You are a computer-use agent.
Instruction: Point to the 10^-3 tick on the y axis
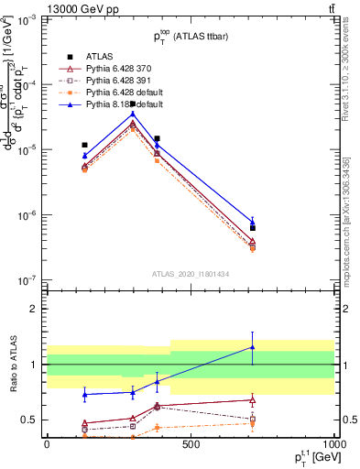(x=27, y=19)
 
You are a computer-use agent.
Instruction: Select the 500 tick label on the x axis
(x=191, y=445)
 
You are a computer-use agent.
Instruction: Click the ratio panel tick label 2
(x=34, y=309)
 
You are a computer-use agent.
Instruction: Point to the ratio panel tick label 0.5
(x=29, y=420)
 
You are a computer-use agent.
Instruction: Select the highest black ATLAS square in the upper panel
(x=133, y=104)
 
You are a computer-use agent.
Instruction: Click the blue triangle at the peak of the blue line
(x=133, y=115)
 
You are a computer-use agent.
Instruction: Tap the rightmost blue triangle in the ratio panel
(x=253, y=347)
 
